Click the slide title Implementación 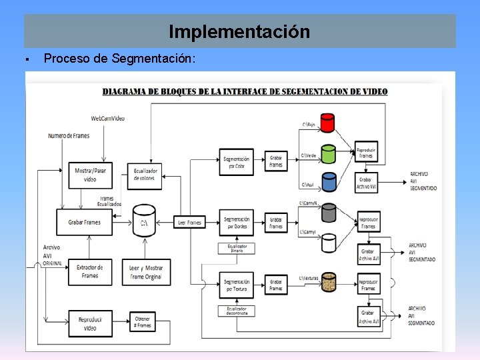239,31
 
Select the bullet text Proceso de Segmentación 119,59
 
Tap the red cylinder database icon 327,124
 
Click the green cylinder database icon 327,154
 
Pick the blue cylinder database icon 327,183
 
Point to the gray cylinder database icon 328,213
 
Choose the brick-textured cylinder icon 328,282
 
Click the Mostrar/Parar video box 90,175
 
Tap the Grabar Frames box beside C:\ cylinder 85,222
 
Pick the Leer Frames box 190,222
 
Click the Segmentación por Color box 237,162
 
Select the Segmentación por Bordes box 237,222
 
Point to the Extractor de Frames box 90,272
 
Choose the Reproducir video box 90,323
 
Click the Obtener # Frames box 142,323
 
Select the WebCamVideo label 108,119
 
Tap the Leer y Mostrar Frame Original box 146,272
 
